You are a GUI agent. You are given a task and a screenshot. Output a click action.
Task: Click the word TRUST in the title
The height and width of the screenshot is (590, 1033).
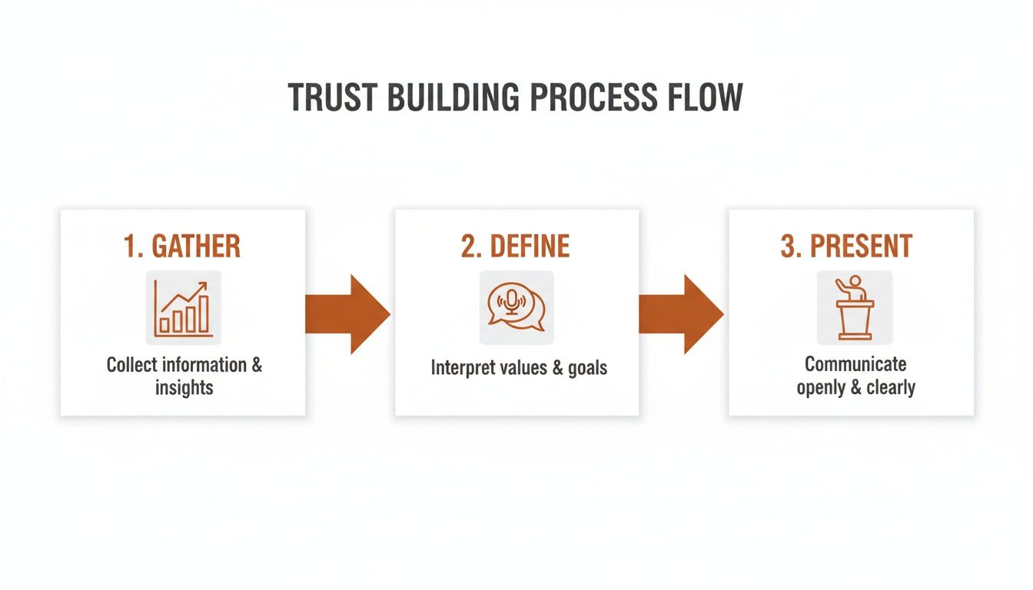point(333,98)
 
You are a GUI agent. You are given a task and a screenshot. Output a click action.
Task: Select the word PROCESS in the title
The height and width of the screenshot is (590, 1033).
point(593,98)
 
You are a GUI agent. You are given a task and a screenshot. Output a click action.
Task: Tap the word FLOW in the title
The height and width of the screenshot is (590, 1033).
point(705,98)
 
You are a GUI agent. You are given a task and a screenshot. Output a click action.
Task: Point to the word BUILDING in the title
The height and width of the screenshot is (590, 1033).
point(453,98)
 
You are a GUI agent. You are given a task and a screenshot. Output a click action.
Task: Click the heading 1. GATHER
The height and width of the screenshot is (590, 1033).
point(182,246)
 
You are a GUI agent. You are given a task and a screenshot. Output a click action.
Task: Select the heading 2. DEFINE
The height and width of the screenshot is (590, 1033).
point(515,246)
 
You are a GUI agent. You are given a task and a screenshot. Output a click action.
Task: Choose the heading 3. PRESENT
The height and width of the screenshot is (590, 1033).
point(846,246)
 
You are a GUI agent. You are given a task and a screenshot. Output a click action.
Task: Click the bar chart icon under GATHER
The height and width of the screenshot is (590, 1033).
point(183,308)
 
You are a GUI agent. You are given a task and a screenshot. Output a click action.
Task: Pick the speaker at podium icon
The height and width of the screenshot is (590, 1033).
point(855,308)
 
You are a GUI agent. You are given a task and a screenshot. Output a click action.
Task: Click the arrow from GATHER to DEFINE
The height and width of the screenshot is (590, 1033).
point(347,314)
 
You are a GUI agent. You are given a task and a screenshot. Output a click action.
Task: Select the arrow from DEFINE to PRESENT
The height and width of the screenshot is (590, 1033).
point(681,314)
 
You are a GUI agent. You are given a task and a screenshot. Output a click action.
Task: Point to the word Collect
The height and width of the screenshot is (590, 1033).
point(131,365)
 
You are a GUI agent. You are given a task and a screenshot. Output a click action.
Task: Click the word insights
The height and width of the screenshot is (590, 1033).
point(184,388)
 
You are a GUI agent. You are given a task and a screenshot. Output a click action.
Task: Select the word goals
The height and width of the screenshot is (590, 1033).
point(587,368)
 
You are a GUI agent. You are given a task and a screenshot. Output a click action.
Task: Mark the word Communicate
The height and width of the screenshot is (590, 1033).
point(855,364)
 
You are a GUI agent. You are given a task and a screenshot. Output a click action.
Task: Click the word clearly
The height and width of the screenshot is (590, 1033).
point(891,388)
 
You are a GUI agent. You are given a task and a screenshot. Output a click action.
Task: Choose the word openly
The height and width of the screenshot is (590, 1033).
point(820,388)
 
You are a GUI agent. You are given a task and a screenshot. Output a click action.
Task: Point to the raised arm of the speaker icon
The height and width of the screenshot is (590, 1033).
point(842,286)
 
